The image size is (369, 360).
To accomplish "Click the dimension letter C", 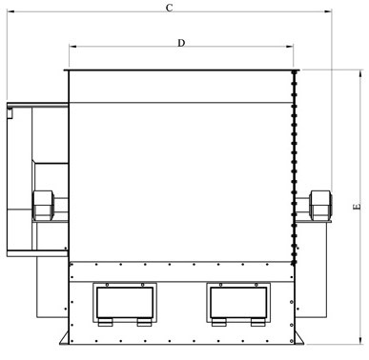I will [169, 9].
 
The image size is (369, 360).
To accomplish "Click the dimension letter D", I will [180, 43].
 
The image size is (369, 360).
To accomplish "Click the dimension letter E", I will [356, 206].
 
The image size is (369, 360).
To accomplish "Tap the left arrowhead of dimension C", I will [9, 16].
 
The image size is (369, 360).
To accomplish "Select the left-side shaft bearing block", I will [44, 205].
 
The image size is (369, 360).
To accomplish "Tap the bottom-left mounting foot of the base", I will [64, 339].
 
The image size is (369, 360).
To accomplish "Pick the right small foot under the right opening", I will [256, 322].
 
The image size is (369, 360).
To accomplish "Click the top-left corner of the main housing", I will [69, 70].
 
